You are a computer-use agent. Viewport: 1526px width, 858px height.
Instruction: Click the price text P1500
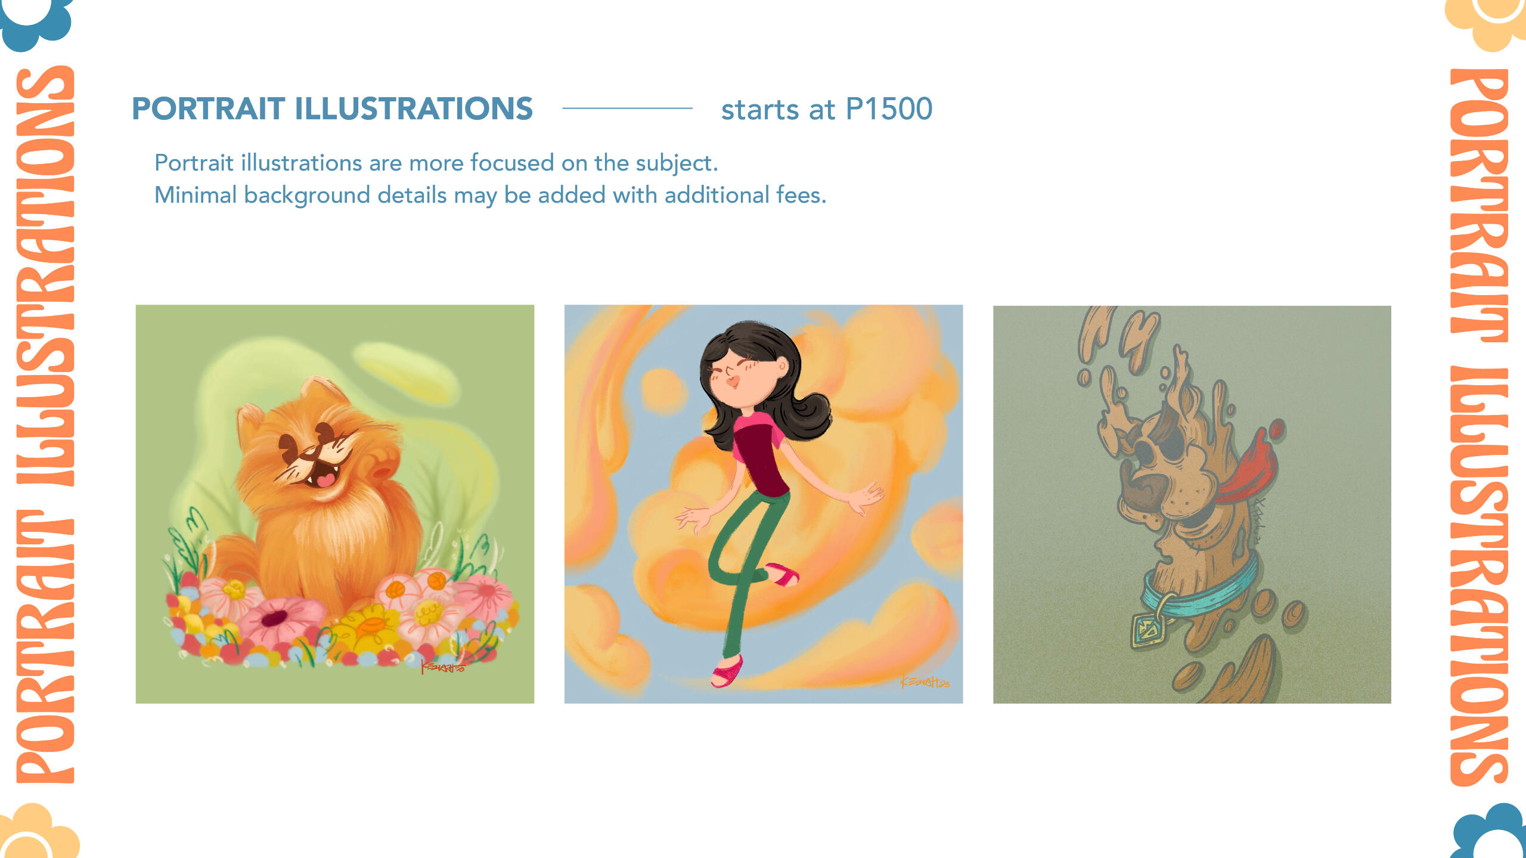click(x=889, y=109)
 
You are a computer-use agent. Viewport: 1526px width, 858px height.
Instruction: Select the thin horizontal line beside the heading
click(x=627, y=108)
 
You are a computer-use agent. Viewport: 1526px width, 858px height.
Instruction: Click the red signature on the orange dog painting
click(x=443, y=667)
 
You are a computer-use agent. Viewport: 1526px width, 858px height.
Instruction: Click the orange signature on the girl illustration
click(x=925, y=682)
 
